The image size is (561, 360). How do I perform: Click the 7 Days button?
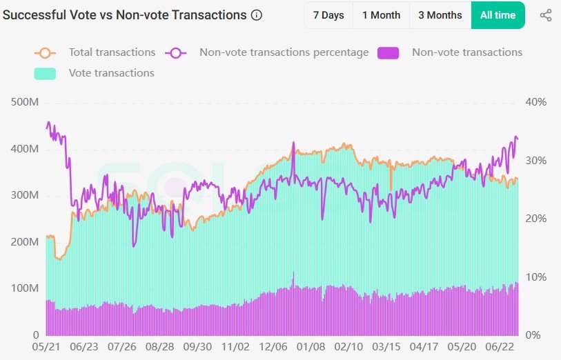pos(328,15)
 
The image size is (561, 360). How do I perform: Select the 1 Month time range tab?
pos(381,15)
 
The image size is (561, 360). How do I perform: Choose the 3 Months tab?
pos(440,15)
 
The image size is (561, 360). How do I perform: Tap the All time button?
pos(498,15)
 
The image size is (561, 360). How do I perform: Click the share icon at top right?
pos(546,15)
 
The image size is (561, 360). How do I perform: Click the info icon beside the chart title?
pos(257,15)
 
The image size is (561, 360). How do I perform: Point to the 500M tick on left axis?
pos(25,102)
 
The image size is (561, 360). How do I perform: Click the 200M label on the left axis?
pos(25,242)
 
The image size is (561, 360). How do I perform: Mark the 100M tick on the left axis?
pos(25,288)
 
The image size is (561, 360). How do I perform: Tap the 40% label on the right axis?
pos(536,102)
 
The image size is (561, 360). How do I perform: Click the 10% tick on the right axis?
pos(536,277)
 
